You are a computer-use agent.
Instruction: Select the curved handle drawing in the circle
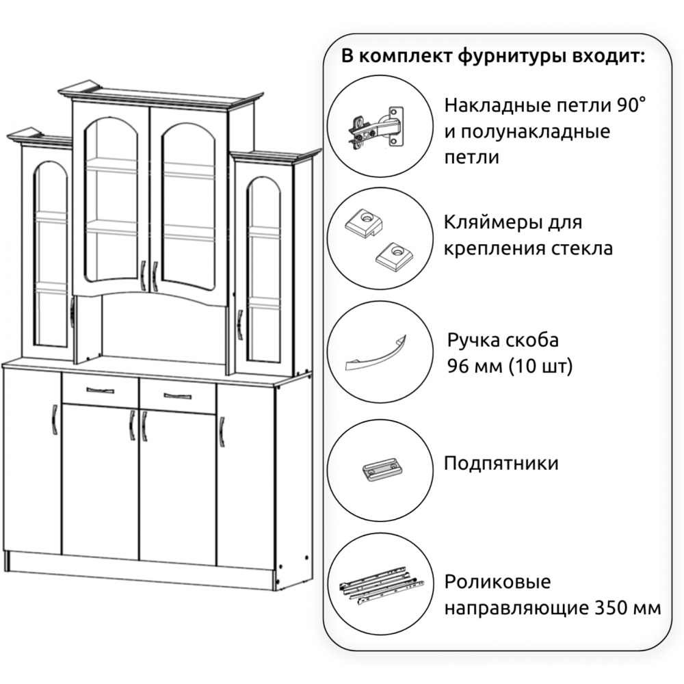click(x=376, y=354)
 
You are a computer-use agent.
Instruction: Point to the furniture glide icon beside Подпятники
click(x=381, y=470)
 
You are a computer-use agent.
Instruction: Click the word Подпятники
click(x=501, y=463)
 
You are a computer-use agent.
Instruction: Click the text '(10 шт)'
click(x=540, y=365)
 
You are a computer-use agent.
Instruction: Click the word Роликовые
click(x=498, y=581)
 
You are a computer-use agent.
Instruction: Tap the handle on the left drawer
click(x=100, y=390)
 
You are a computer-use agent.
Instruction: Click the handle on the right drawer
click(x=177, y=396)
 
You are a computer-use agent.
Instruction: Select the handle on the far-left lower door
click(x=54, y=420)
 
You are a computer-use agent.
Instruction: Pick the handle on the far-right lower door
click(x=222, y=432)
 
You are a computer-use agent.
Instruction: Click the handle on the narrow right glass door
click(x=239, y=324)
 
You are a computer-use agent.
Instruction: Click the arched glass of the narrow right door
click(x=263, y=270)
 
